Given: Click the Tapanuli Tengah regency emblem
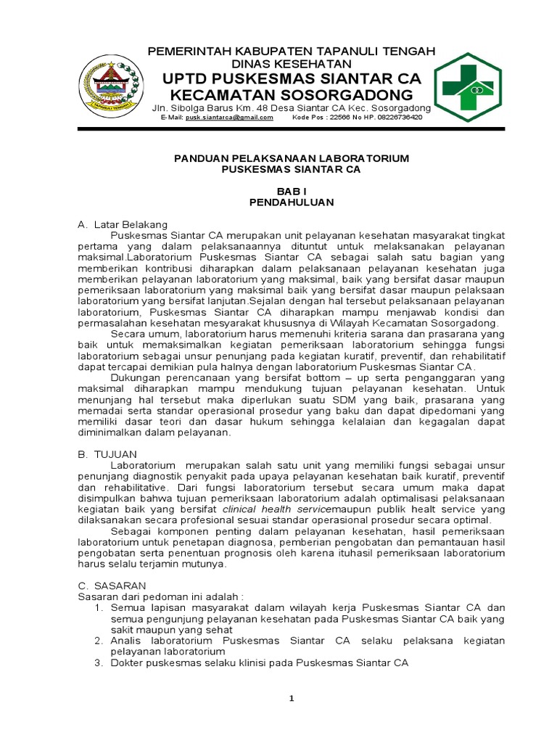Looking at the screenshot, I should (x=110, y=86).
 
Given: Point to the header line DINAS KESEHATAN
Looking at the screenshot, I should (x=292, y=64).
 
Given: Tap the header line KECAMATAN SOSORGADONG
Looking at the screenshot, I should (x=291, y=95).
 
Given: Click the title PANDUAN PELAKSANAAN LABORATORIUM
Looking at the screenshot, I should (x=291, y=157).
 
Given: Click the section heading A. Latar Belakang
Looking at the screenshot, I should (x=123, y=225).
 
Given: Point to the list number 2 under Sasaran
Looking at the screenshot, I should (x=99, y=641).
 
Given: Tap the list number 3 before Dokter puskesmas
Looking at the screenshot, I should (x=99, y=662).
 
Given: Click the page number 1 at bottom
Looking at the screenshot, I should (x=292, y=698).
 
